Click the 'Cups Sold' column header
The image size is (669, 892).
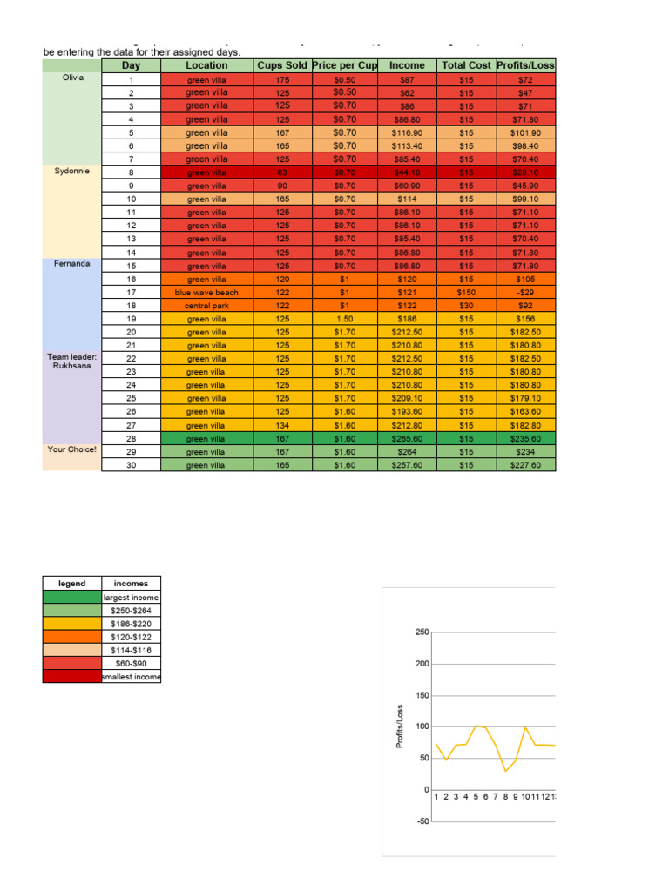(x=281, y=65)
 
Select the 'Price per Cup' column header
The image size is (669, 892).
(x=345, y=65)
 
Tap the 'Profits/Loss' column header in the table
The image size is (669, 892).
(x=524, y=65)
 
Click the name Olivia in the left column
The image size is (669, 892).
(x=73, y=78)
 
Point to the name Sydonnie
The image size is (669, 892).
(x=73, y=172)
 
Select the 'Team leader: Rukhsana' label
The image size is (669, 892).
(x=73, y=362)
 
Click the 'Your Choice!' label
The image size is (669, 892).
(x=73, y=450)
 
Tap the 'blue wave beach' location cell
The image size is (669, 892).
(x=206, y=293)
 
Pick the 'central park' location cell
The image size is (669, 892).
(x=206, y=306)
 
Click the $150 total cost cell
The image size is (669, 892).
(x=466, y=293)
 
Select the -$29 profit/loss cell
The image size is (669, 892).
(x=524, y=293)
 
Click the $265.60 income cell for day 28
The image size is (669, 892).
(x=407, y=439)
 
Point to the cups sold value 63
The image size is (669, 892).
(x=281, y=172)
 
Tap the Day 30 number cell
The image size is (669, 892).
(x=131, y=465)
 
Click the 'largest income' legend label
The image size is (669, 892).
(x=131, y=598)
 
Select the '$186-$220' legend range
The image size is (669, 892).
(x=131, y=624)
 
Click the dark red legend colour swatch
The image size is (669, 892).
(x=72, y=677)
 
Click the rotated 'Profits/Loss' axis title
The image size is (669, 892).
(x=400, y=726)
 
